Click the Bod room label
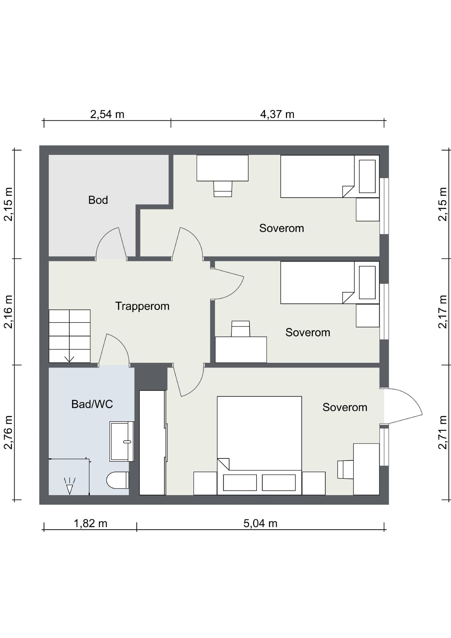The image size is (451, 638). click(98, 200)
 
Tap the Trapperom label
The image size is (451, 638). click(142, 306)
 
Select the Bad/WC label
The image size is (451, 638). click(92, 404)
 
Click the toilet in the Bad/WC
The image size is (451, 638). click(117, 480)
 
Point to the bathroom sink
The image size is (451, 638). click(122, 441)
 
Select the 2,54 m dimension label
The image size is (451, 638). click(107, 114)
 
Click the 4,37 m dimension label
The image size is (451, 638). click(277, 114)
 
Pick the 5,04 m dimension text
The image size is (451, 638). click(260, 523)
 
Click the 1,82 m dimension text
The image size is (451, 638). click(91, 523)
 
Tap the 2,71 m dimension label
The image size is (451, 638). click(443, 433)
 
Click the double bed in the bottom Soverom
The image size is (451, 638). click(259, 445)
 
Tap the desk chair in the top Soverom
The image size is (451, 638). click(223, 189)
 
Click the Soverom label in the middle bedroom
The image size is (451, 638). click(308, 332)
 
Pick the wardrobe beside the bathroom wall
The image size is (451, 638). click(153, 443)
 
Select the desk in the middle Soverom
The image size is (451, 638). click(241, 350)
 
